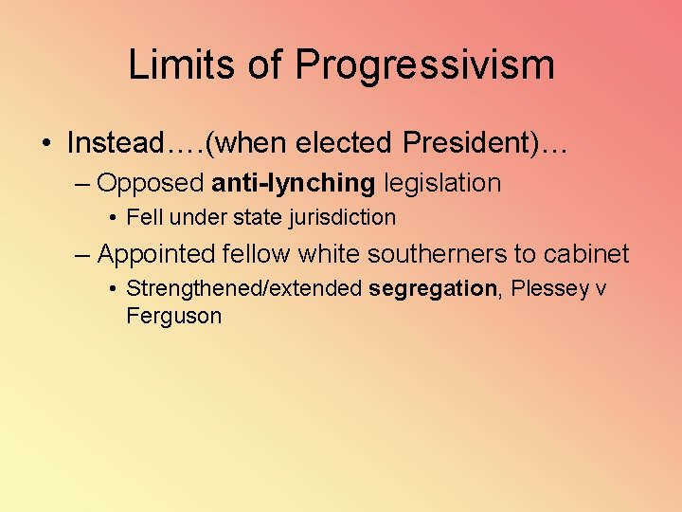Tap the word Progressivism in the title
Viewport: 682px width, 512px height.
coord(424,65)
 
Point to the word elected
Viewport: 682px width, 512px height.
coord(343,143)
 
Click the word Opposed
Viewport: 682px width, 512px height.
coord(151,182)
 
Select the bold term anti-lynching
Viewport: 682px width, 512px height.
coord(294,182)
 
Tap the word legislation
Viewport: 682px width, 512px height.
coord(442,182)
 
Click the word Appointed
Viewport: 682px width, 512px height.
coord(157,254)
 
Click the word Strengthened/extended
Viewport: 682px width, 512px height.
coord(244,289)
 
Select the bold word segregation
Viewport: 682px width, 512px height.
coord(433,289)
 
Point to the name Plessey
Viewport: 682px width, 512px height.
coord(550,289)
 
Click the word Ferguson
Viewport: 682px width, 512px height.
coord(173,316)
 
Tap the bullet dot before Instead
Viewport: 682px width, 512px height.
coord(46,144)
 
